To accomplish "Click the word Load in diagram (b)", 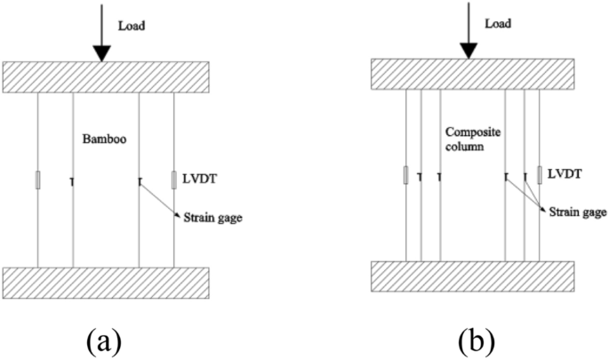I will (499, 20).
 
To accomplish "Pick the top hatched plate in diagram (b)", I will (472, 73).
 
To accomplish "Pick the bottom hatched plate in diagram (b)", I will (472, 277).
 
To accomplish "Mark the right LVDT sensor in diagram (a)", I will (173, 180).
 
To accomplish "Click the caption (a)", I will (103, 339).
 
